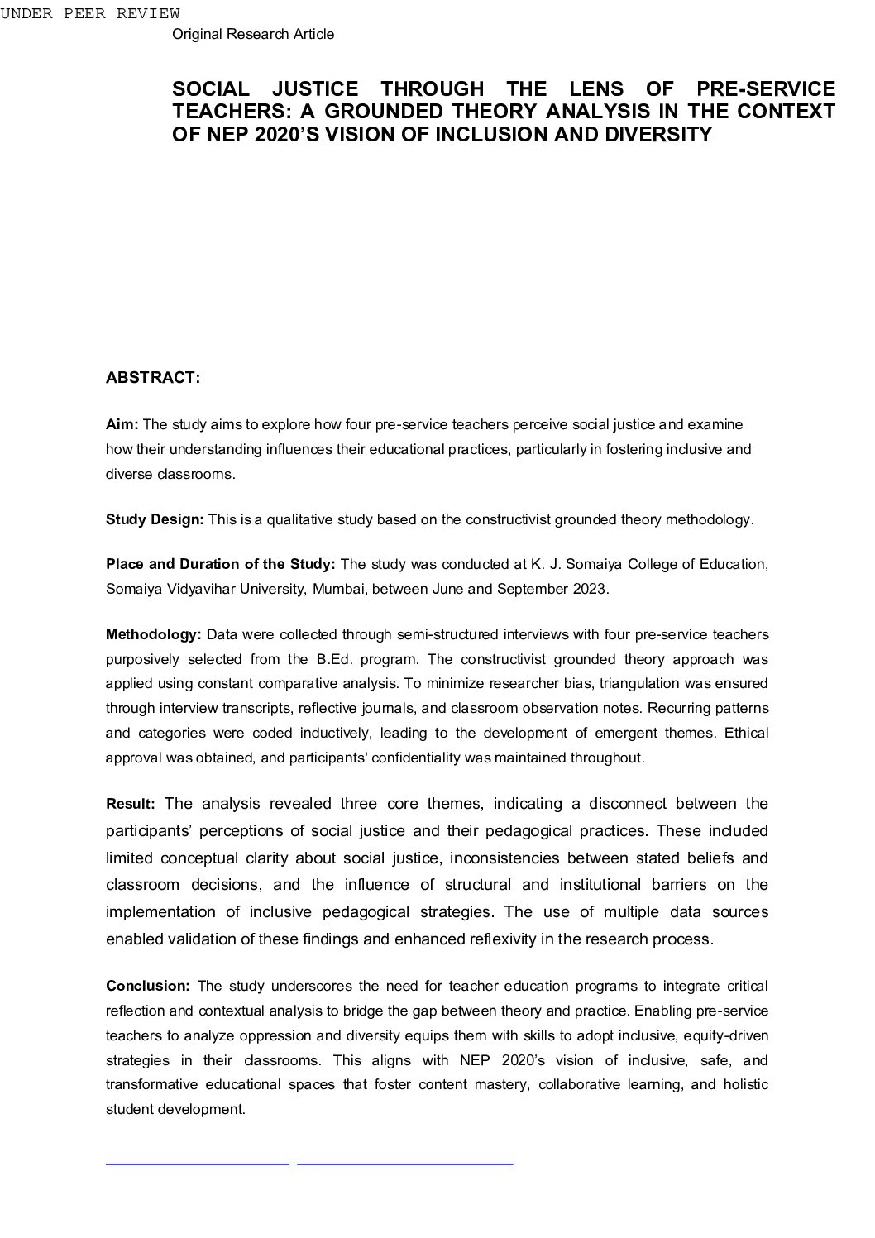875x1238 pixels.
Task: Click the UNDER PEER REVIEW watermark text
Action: [90, 13]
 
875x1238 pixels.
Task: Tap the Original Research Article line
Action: [253, 34]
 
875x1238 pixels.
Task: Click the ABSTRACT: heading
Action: [153, 378]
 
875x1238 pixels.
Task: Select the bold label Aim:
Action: [122, 425]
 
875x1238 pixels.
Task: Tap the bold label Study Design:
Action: [155, 520]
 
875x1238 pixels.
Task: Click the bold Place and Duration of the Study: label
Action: [220, 565]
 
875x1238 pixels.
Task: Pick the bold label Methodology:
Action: [153, 635]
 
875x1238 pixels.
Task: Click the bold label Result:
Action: [130, 805]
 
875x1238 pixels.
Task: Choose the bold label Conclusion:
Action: [148, 987]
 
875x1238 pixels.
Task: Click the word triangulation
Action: [638, 684]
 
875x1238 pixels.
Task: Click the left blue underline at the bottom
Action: [198, 1164]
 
